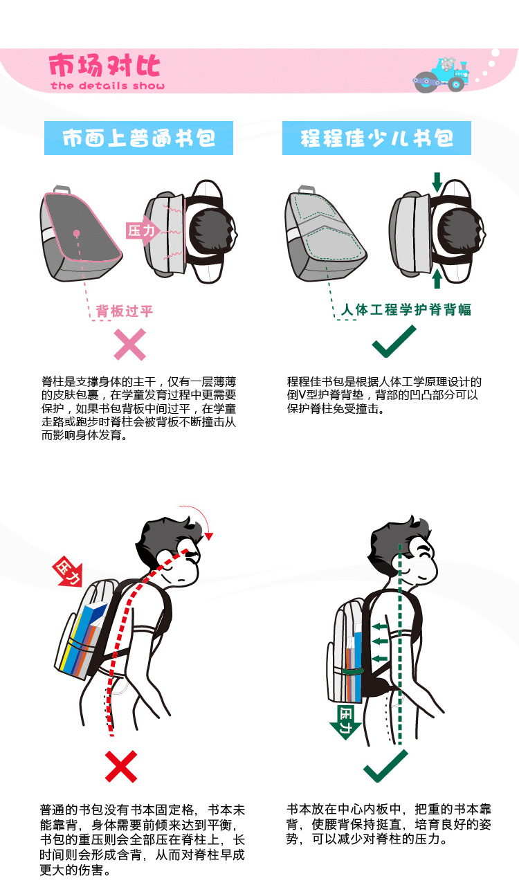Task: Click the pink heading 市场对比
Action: [x=104, y=66]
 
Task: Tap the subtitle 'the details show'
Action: [x=108, y=86]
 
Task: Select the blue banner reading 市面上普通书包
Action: [x=138, y=138]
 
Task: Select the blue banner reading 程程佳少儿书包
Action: [x=376, y=138]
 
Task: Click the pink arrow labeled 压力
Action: [x=142, y=230]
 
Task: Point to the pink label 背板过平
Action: [x=125, y=311]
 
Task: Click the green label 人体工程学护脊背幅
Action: [x=406, y=309]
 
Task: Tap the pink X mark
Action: [x=130, y=345]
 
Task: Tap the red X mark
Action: [x=121, y=766]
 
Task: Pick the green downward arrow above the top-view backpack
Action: [x=437, y=182]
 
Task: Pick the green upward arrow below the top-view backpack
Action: [x=437, y=279]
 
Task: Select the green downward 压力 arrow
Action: [x=345, y=722]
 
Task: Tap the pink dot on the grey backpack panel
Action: [x=76, y=232]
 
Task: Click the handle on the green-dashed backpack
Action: [x=307, y=189]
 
